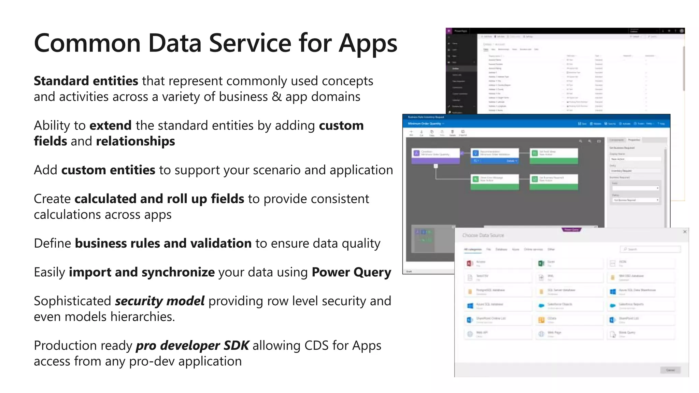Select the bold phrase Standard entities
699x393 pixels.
pyautogui.click(x=86, y=81)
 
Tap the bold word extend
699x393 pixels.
pyautogui.click(x=111, y=126)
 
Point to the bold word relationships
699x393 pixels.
pyautogui.click(x=135, y=141)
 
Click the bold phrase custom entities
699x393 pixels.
pyautogui.click(x=108, y=170)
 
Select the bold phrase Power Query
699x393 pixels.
pyautogui.click(x=351, y=272)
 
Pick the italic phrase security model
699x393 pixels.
pyautogui.click(x=160, y=301)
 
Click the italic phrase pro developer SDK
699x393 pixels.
pyautogui.click(x=192, y=346)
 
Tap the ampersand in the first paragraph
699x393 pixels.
pyautogui.click(x=277, y=97)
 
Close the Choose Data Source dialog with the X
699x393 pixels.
pyautogui.click(x=685, y=232)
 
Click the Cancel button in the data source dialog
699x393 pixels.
pyautogui.click(x=670, y=370)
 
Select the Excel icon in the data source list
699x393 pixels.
pyautogui.click(x=541, y=263)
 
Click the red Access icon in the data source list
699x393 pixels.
pyautogui.click(x=470, y=263)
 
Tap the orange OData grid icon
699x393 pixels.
pyautogui.click(x=541, y=320)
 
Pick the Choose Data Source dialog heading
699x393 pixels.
pyautogui.click(x=483, y=235)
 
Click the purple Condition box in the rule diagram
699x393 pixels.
pyautogui.click(x=436, y=156)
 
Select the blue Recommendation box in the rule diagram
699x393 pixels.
pyautogui.click(x=495, y=156)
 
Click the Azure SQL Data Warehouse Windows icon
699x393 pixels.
pyautogui.click(x=613, y=291)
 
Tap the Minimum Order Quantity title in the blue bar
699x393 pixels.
pyautogui.click(x=425, y=123)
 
